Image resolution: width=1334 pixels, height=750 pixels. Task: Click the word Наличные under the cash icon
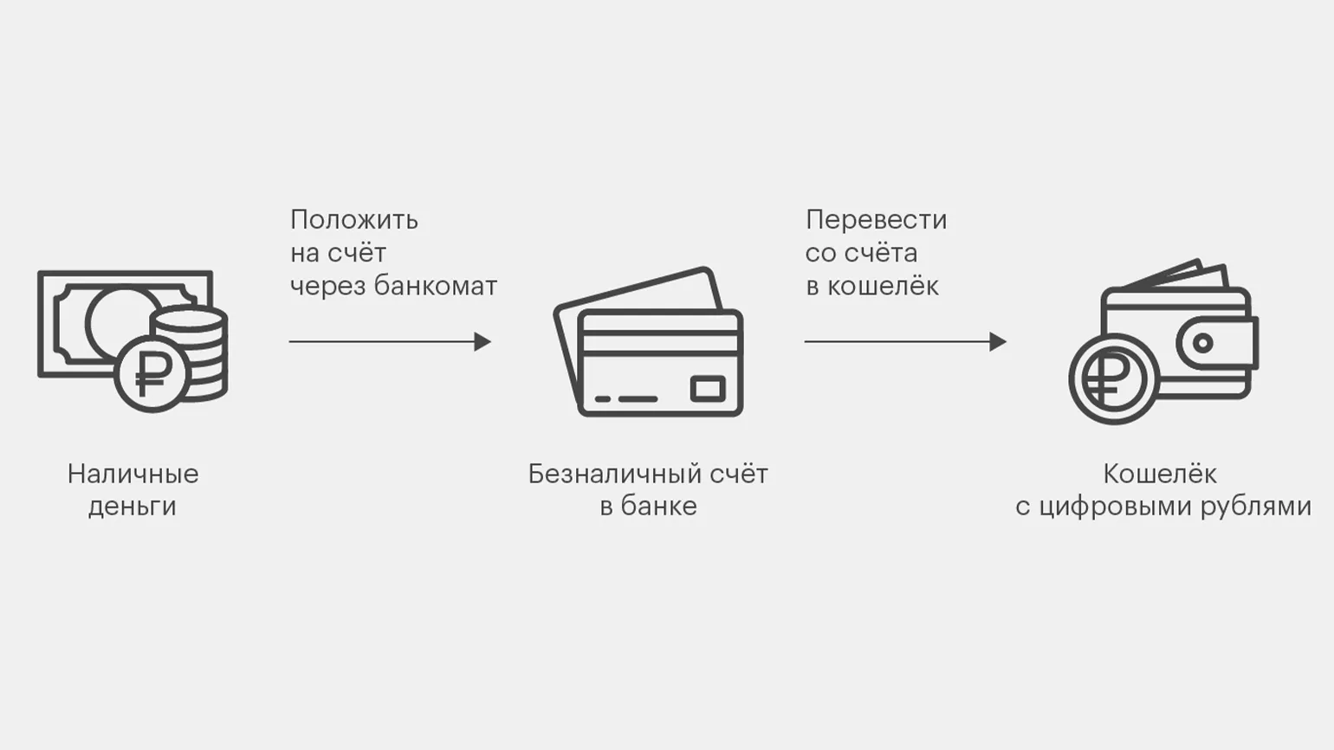133,474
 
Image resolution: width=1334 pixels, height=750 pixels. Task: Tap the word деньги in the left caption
133,507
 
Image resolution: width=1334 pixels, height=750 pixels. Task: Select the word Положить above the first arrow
353,220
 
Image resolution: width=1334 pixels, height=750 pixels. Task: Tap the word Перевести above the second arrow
876,220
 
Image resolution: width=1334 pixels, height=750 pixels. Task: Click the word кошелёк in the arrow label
883,286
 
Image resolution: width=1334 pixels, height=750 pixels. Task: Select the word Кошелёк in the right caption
1159,474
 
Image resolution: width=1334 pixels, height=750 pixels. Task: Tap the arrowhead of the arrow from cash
482,341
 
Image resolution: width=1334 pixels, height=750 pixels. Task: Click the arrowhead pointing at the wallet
998,341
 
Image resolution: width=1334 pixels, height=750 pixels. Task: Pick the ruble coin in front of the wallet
1112,379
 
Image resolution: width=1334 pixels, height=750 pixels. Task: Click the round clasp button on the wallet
1202,343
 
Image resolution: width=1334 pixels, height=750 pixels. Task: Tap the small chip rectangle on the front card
707,389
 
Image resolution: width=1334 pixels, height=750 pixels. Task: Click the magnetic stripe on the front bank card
660,341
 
